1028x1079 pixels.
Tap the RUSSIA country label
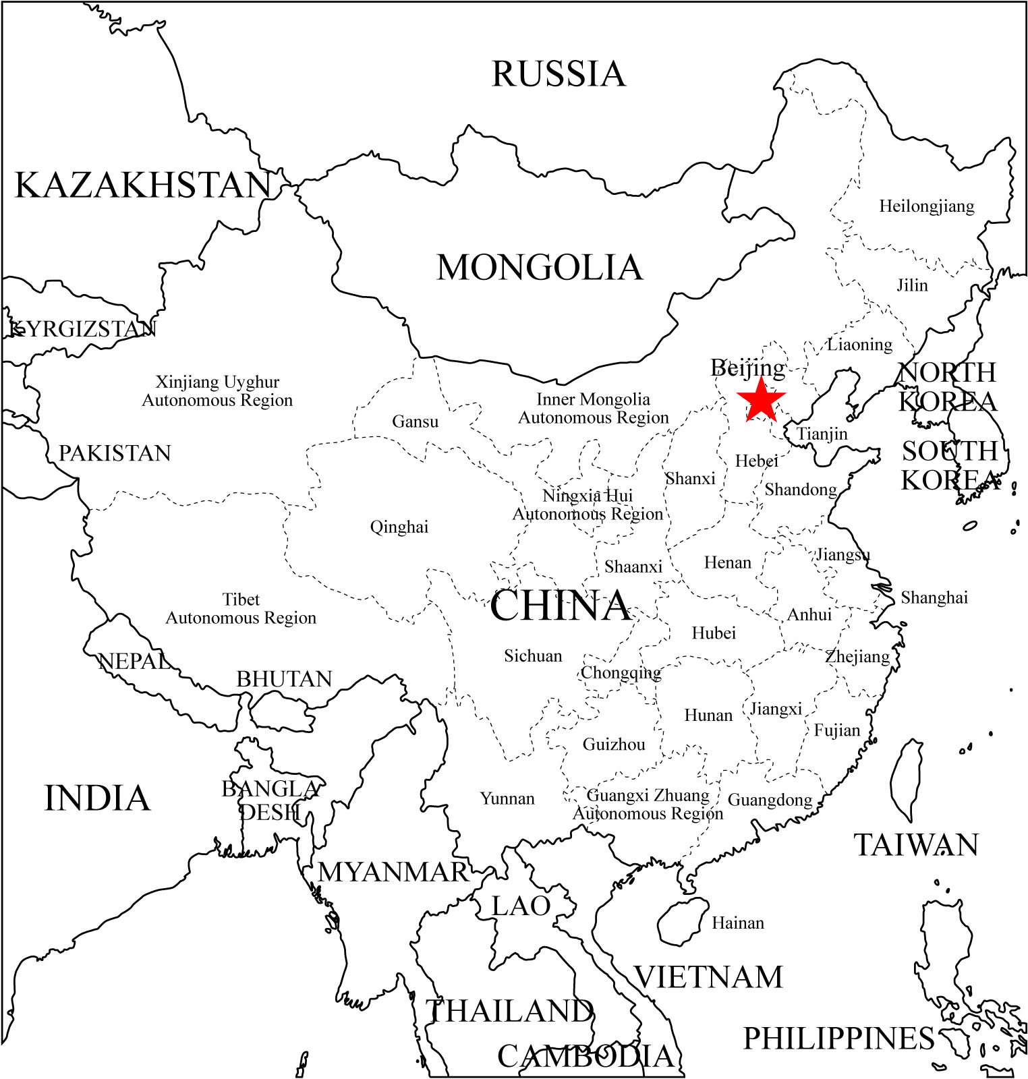(559, 74)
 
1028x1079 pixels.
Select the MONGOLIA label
(540, 268)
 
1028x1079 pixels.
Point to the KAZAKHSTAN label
(143, 185)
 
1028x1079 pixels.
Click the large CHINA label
(560, 606)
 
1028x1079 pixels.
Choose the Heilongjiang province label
(926, 206)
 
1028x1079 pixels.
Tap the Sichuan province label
(533, 656)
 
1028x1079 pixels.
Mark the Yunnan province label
(507, 798)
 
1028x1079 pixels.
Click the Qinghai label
(399, 527)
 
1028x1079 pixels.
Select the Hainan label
(738, 923)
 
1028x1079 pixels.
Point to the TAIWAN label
(916, 845)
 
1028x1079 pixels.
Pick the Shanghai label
(934, 597)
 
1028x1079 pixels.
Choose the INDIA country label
(97, 798)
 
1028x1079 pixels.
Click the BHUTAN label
(284, 679)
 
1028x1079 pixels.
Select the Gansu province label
(415, 422)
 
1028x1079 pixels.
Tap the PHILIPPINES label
(838, 1039)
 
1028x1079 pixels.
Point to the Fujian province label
(836, 730)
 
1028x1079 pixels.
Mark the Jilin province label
(912, 285)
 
